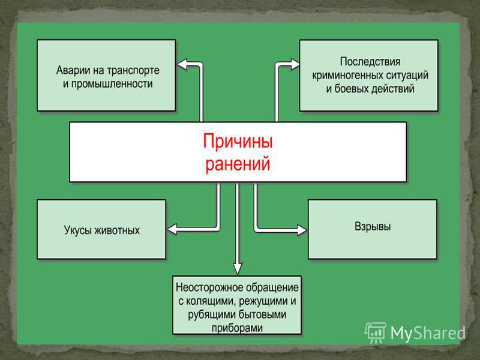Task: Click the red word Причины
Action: click(x=238, y=142)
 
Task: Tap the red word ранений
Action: click(x=238, y=164)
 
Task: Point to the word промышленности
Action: click(x=112, y=84)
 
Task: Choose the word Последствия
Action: click(x=370, y=62)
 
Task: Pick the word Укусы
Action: click(x=78, y=230)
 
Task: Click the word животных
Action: click(x=117, y=230)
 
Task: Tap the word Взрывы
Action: click(x=373, y=227)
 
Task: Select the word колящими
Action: click(x=209, y=301)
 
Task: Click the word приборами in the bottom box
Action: click(x=237, y=328)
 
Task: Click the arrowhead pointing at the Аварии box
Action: click(x=182, y=65)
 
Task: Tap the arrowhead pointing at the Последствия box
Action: click(x=295, y=64)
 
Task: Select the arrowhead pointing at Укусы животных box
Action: click(x=172, y=229)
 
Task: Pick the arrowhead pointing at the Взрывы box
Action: click(x=302, y=230)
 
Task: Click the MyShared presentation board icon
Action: click(x=376, y=332)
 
